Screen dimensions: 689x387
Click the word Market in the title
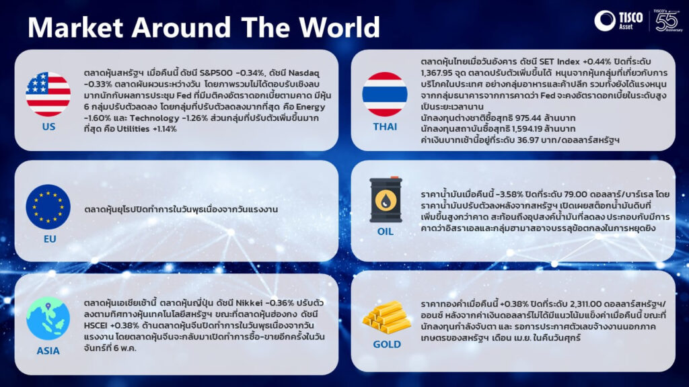[75, 27]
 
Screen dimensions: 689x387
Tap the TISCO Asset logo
[619, 20]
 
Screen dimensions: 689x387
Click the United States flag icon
[48, 94]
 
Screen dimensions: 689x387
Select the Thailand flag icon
[384, 94]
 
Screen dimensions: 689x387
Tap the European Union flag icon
[48, 207]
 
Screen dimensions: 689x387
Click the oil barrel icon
[386, 200]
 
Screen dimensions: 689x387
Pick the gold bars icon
[386, 317]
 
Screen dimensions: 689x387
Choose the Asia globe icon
[48, 318]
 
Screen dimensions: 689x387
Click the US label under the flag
[48, 127]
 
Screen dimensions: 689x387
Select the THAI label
[385, 127]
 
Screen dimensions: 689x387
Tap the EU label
[50, 239]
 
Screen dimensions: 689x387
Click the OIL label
[386, 232]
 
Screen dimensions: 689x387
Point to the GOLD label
[387, 345]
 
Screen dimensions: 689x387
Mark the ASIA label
[48, 351]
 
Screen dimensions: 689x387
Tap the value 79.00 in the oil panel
[574, 194]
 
